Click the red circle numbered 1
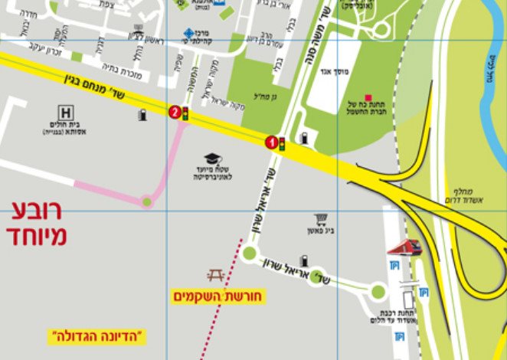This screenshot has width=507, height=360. pos(270,142)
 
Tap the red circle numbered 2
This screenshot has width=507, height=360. pos(175,113)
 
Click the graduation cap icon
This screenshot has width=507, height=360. pos(212,159)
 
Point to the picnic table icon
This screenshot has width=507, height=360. pos(215,275)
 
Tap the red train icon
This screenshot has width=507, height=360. pos(404,247)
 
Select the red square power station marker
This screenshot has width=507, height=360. pos(368,98)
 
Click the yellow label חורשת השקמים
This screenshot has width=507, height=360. pos(217,296)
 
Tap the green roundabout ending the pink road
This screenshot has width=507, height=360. pos(147,202)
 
